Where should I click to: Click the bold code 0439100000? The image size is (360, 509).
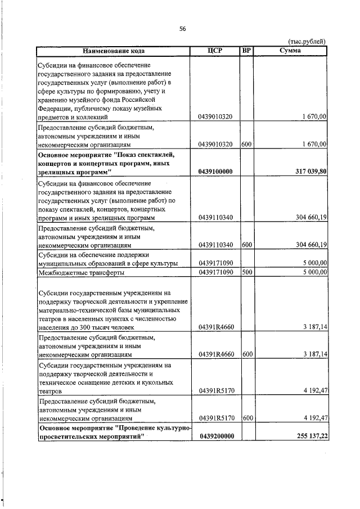point(216,171)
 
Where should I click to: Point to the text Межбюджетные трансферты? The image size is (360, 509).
point(80,273)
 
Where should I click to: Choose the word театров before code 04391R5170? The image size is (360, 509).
point(49,391)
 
